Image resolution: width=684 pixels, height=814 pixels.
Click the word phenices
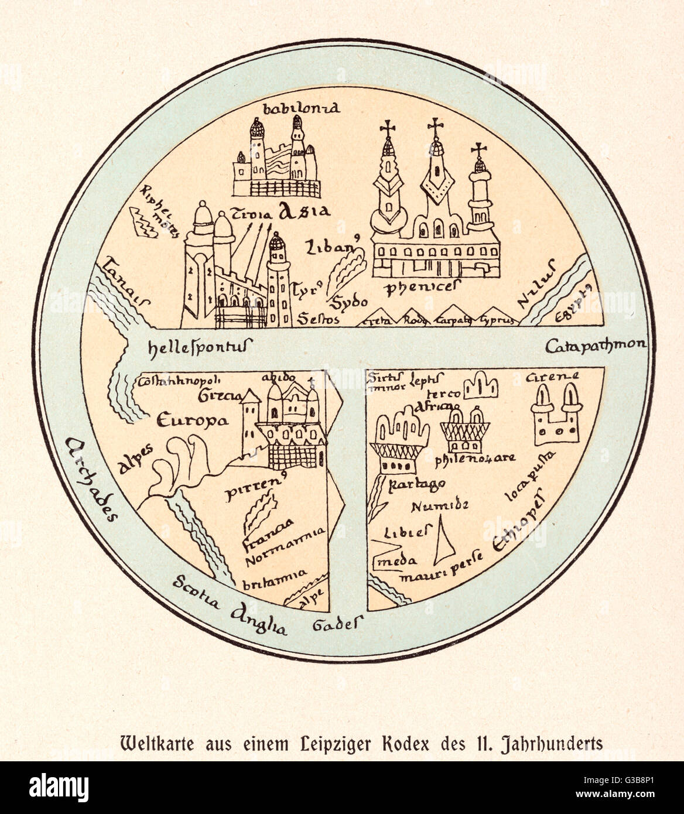[x=422, y=287]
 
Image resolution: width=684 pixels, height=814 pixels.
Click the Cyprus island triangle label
[x=498, y=320]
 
